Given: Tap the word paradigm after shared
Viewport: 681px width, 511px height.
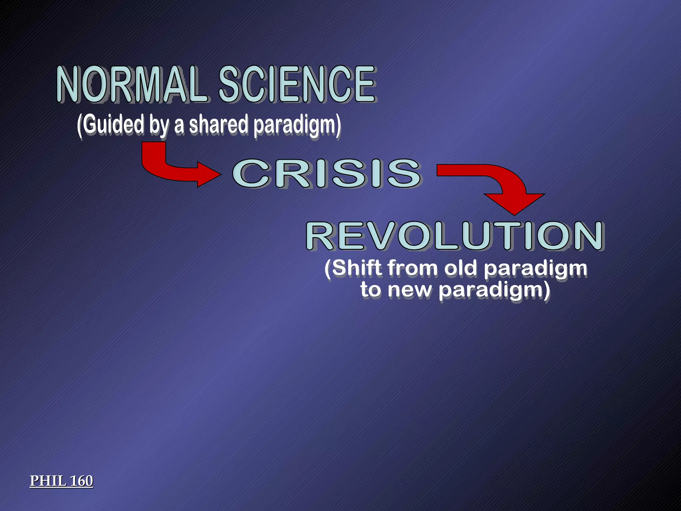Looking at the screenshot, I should [x=296, y=125].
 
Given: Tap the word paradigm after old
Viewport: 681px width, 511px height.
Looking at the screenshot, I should [x=535, y=269].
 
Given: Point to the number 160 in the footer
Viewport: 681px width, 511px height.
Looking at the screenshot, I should [x=81, y=481].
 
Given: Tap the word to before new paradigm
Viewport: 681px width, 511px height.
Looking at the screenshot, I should [x=370, y=289].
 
